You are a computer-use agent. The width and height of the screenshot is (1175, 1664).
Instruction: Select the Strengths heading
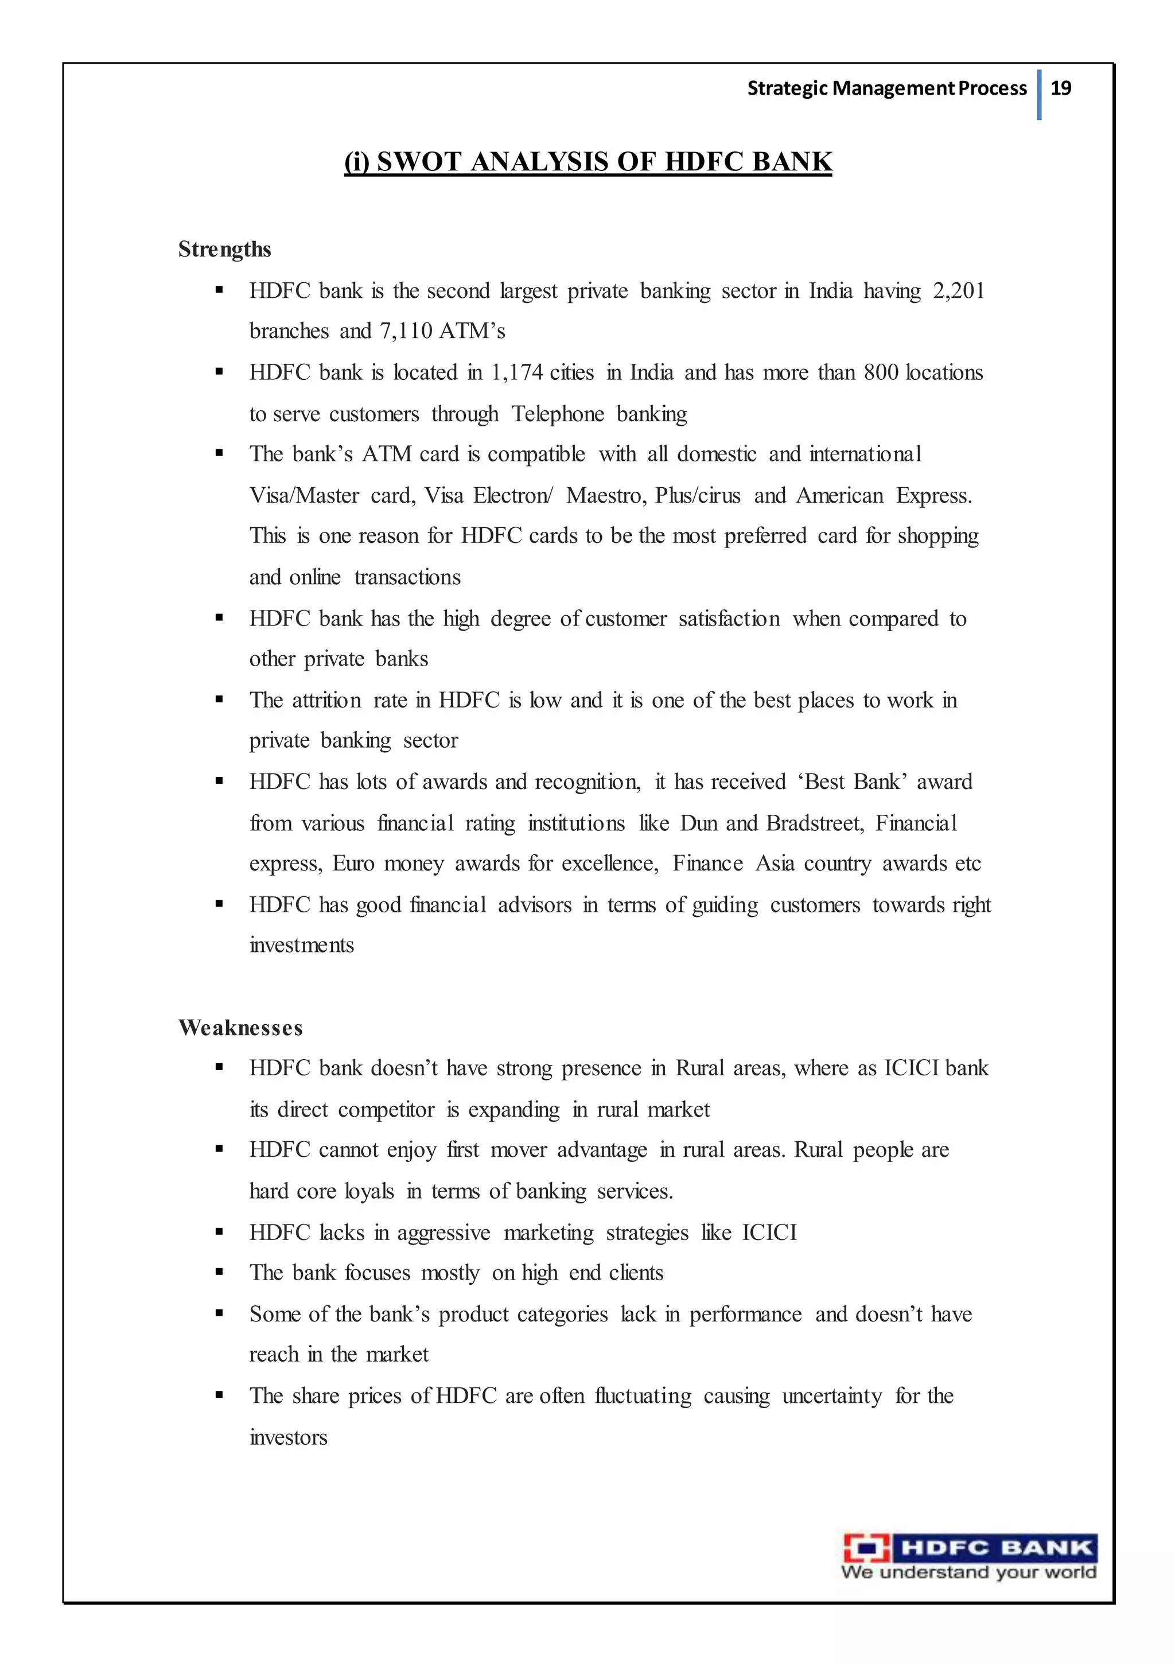(225, 249)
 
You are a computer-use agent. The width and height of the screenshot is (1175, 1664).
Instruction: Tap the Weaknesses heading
(240, 1028)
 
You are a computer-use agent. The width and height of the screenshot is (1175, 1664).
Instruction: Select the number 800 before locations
(881, 372)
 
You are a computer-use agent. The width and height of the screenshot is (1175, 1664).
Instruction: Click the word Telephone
(558, 414)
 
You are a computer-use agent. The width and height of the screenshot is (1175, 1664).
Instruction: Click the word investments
(302, 945)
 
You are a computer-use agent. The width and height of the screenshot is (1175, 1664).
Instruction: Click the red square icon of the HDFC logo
(866, 1549)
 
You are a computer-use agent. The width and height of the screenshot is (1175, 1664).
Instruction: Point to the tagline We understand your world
(968, 1572)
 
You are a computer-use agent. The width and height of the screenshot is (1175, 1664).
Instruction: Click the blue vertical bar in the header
(1040, 94)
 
